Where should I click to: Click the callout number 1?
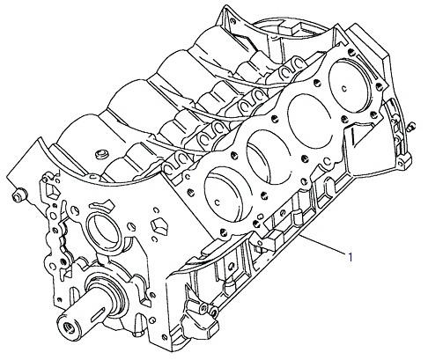tap(350, 257)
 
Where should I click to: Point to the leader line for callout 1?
tap(323, 244)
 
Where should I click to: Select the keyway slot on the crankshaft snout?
tap(96, 312)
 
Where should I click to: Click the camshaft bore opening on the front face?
tap(102, 229)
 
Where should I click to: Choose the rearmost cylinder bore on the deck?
tap(351, 85)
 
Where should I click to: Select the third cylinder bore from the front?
tap(310, 121)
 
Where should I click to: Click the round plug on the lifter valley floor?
tap(102, 154)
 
